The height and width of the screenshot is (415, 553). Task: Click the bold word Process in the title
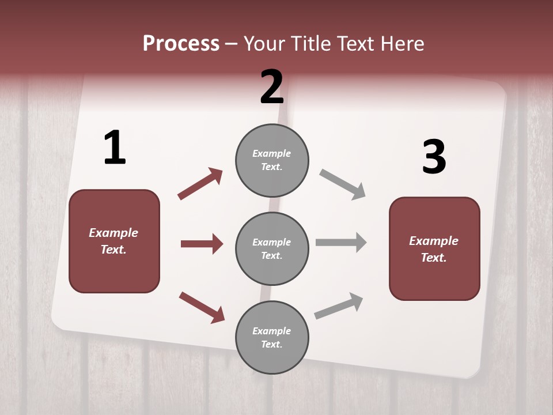point(181,44)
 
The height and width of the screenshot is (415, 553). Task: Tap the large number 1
point(115,148)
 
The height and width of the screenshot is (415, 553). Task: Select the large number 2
point(272,87)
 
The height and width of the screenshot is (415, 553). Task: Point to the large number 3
point(434,157)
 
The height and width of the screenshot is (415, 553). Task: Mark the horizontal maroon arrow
point(202,244)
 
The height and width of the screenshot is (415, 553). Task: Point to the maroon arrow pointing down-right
point(202,307)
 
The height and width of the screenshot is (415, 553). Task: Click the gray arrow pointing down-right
point(342,184)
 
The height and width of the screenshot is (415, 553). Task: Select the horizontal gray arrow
point(340,242)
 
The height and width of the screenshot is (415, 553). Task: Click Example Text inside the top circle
point(272,160)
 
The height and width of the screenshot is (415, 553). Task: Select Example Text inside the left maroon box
point(113,241)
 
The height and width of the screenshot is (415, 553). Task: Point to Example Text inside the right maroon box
point(434,249)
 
